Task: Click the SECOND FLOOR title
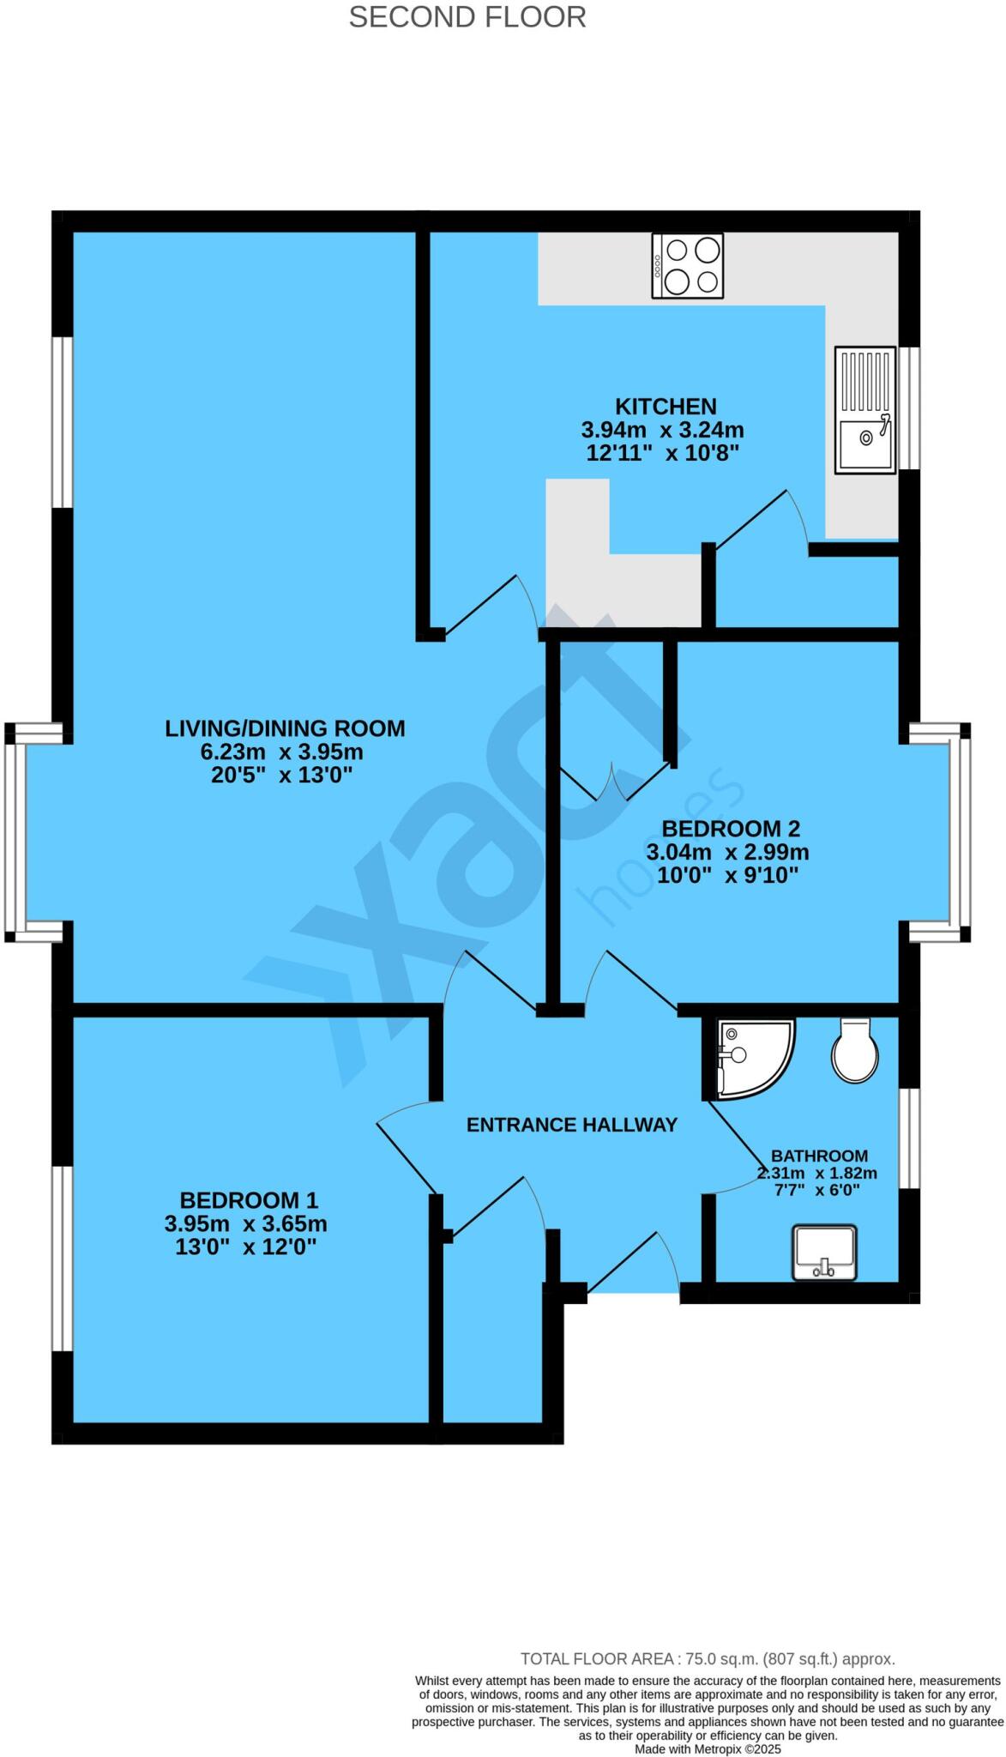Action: [x=467, y=17]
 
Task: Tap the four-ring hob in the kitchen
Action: [x=687, y=266]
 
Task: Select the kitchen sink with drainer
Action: [x=865, y=409]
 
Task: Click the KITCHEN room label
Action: [x=666, y=406]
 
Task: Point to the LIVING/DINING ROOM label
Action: [x=285, y=728]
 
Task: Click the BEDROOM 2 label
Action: [x=731, y=829]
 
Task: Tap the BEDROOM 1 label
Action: [x=249, y=1199]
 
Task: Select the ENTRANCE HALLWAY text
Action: [x=572, y=1125]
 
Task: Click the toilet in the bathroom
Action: [x=854, y=1052]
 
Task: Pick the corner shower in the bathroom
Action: [x=752, y=1058]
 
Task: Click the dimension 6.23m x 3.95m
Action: [x=282, y=752]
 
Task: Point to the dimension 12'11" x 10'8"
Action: [x=662, y=453]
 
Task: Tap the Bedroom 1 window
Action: [x=62, y=1259]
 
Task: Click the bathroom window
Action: [x=913, y=1138]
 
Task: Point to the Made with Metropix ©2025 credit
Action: [x=708, y=1748]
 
